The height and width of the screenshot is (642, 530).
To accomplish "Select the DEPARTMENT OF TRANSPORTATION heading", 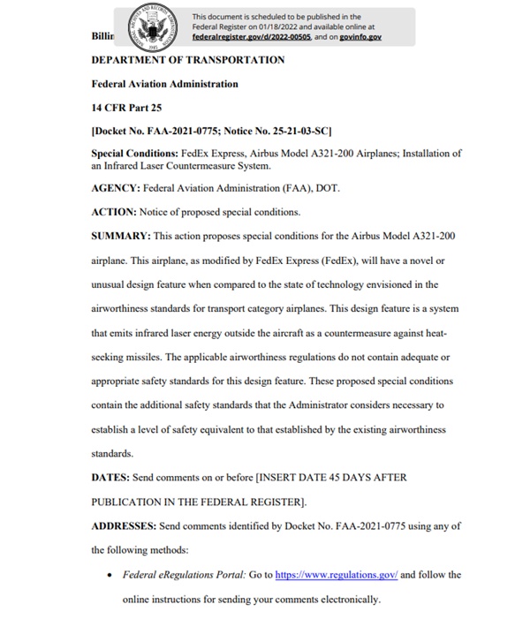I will [x=188, y=60].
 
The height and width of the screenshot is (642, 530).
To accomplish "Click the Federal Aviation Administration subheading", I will [x=164, y=84].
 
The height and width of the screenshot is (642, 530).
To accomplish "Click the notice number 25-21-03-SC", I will [x=296, y=131].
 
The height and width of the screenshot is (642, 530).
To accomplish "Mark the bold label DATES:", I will [x=110, y=477].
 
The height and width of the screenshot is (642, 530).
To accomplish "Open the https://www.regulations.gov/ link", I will [x=337, y=574].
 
